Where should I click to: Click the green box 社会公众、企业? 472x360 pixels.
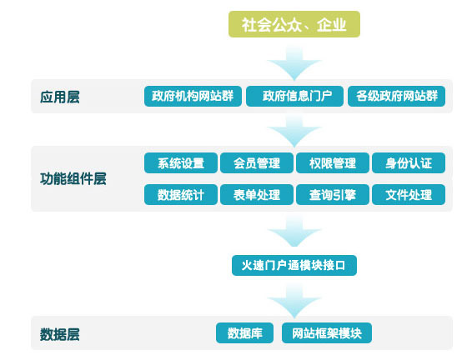point(294,24)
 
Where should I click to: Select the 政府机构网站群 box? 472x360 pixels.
point(193,96)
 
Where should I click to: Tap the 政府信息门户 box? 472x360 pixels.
point(294,96)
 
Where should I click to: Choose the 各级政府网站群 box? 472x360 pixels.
point(396,96)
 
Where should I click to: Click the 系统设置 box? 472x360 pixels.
point(181,163)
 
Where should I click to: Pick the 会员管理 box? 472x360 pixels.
point(257,163)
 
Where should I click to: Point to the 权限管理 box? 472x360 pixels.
point(333,163)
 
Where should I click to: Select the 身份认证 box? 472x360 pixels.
point(409,163)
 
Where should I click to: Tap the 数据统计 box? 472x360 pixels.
point(181,195)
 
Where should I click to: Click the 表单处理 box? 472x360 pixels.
point(257,195)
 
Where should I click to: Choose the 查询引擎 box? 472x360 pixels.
point(333,195)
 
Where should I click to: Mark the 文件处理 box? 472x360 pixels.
point(409,195)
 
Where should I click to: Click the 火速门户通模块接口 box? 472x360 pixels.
point(294,265)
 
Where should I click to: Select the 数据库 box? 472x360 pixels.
point(244,333)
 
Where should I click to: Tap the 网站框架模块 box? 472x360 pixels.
point(327,333)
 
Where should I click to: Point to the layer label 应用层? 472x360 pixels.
point(60,97)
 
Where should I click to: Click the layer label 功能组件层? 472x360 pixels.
point(73,178)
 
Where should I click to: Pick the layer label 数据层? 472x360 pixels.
point(60,334)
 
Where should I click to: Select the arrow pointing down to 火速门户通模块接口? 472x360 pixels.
point(294,231)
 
